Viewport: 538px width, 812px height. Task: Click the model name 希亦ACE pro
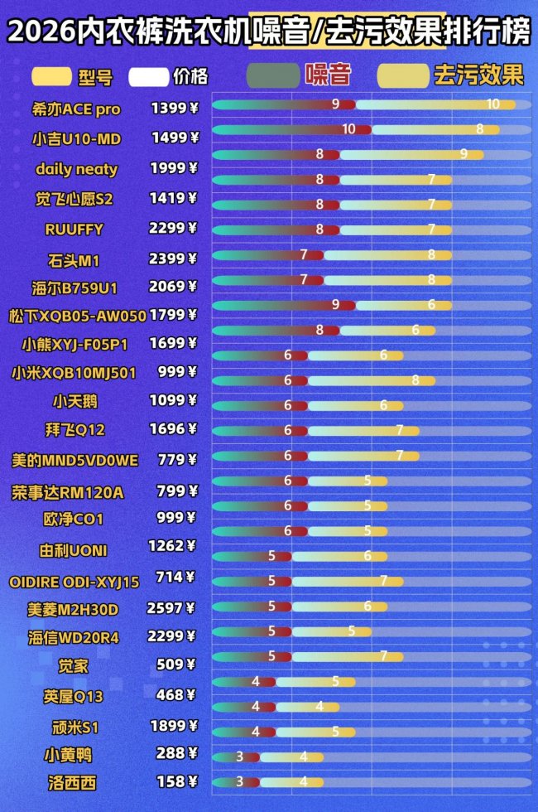point(76,109)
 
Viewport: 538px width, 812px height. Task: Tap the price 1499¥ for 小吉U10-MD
point(174,138)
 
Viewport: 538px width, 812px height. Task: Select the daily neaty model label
point(76,169)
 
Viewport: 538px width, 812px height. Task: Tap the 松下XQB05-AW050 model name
point(77,316)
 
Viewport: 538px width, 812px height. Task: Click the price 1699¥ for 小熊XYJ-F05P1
point(173,343)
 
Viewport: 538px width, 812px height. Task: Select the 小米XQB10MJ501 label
point(74,373)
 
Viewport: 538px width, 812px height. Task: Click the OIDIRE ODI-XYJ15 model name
point(74,581)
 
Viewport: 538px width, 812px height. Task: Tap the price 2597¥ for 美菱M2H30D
point(171,609)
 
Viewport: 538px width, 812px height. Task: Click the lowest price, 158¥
point(177,781)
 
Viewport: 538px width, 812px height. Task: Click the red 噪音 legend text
point(328,75)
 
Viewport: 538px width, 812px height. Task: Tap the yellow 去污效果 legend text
point(478,75)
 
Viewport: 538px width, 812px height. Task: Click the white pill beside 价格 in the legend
point(149,77)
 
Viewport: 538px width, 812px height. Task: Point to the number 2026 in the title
point(40,33)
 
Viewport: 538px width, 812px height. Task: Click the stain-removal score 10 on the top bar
point(493,104)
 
